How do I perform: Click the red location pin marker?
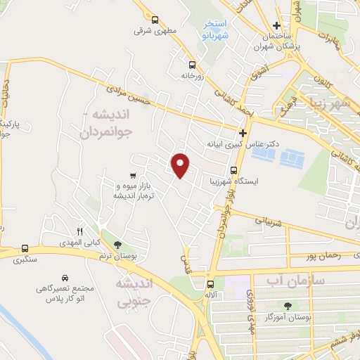[181, 165]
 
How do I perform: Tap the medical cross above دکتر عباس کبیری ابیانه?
[243, 132]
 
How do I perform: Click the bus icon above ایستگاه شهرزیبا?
[235, 169]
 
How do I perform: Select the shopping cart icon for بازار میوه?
[133, 174]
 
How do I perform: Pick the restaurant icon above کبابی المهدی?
[80, 231]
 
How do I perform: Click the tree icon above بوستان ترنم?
[117, 244]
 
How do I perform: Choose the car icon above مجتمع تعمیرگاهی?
[65, 278]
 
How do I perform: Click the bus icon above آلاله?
[210, 284]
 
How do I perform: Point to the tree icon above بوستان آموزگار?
[288, 305]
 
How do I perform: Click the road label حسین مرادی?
[128, 95]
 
